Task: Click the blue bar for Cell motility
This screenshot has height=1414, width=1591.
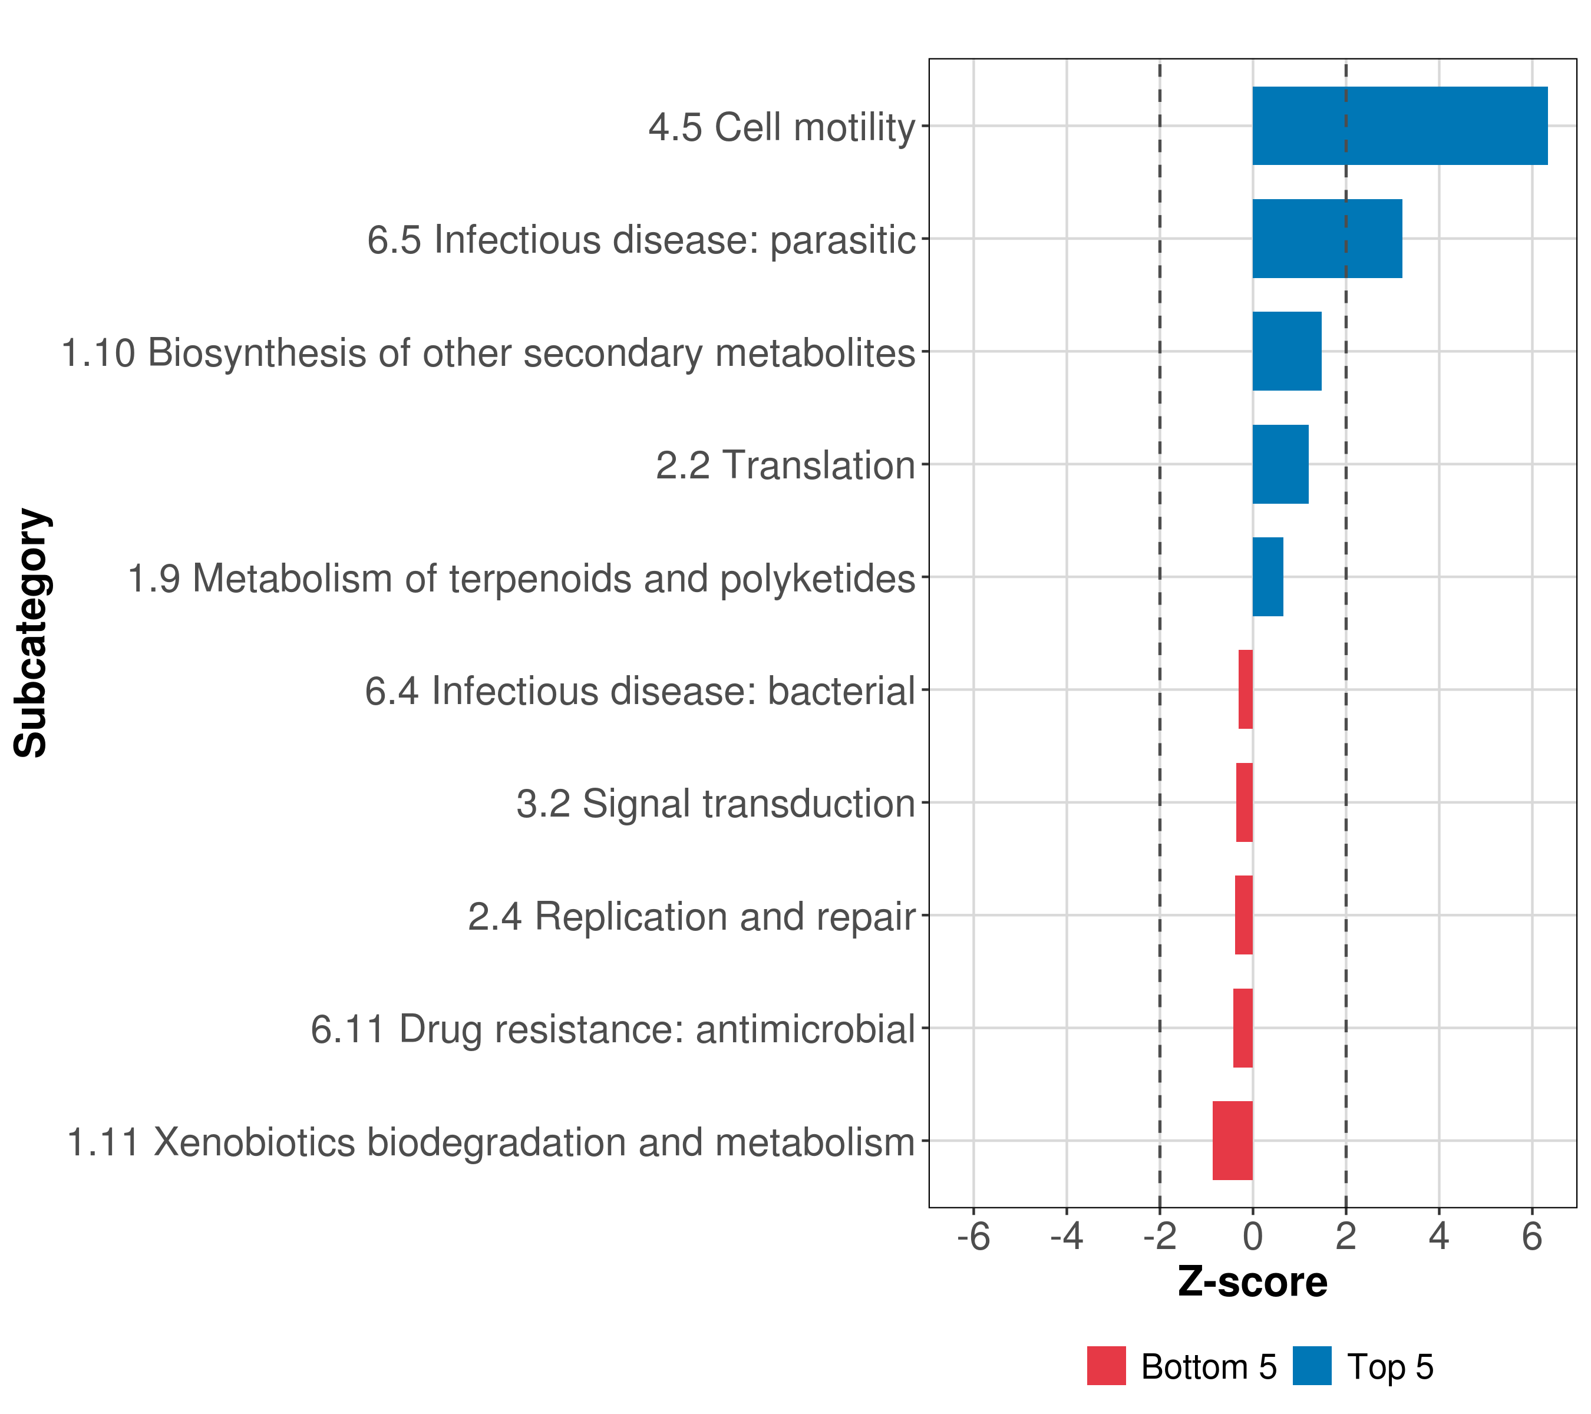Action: pos(1399,126)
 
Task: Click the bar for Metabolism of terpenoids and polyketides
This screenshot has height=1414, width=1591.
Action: pos(1267,577)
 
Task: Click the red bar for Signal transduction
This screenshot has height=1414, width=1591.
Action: pos(1244,802)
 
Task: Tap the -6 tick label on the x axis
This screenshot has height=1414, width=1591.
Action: pos(973,1236)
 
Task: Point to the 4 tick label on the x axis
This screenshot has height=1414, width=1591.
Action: pos(1438,1236)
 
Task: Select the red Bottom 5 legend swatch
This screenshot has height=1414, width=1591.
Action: pos(1106,1366)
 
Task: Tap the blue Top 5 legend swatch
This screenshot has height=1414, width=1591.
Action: pos(1312,1366)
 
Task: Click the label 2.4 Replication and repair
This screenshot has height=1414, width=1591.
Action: pos(691,916)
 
